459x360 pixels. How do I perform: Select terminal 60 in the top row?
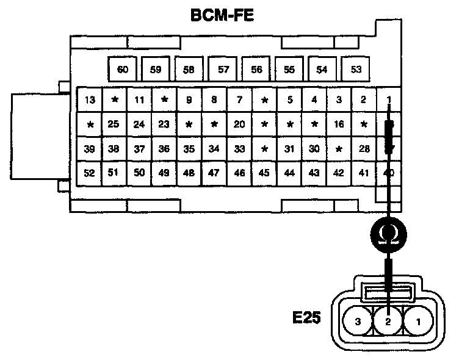pos(123,69)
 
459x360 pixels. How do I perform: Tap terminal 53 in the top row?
pos(356,69)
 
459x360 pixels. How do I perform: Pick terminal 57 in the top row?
pos(223,69)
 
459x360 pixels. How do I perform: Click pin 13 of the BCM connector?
pos(90,100)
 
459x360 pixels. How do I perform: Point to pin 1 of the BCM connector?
pos(388,100)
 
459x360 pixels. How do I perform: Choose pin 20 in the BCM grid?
pos(239,124)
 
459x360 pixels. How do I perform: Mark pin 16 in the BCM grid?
pos(339,124)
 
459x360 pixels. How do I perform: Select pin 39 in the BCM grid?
pos(90,148)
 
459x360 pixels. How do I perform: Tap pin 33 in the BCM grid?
pos(239,148)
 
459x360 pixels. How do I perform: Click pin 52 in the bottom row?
pos(90,173)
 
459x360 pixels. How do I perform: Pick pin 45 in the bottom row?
pos(264,173)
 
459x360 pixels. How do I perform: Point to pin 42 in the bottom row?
pos(339,173)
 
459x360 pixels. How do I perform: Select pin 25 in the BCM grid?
pos(113,124)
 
